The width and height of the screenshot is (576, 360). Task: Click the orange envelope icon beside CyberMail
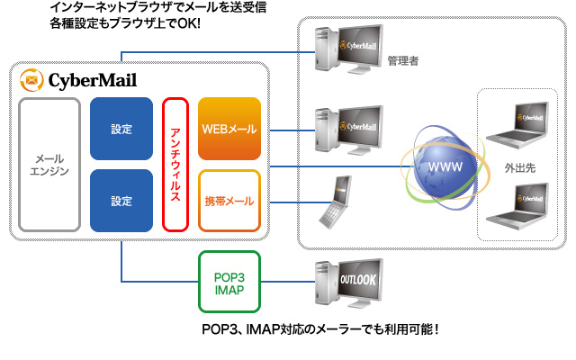[x=31, y=80]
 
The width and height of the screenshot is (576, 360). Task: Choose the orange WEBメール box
[x=229, y=129]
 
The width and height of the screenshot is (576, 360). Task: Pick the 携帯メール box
[x=229, y=200]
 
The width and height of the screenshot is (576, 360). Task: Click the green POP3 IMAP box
[x=229, y=282]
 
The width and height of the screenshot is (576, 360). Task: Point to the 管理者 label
[x=404, y=61]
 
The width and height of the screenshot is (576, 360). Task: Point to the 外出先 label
[x=521, y=168]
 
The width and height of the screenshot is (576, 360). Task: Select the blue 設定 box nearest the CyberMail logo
[x=121, y=129]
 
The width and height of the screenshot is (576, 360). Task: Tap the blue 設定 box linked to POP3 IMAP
[x=121, y=200]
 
